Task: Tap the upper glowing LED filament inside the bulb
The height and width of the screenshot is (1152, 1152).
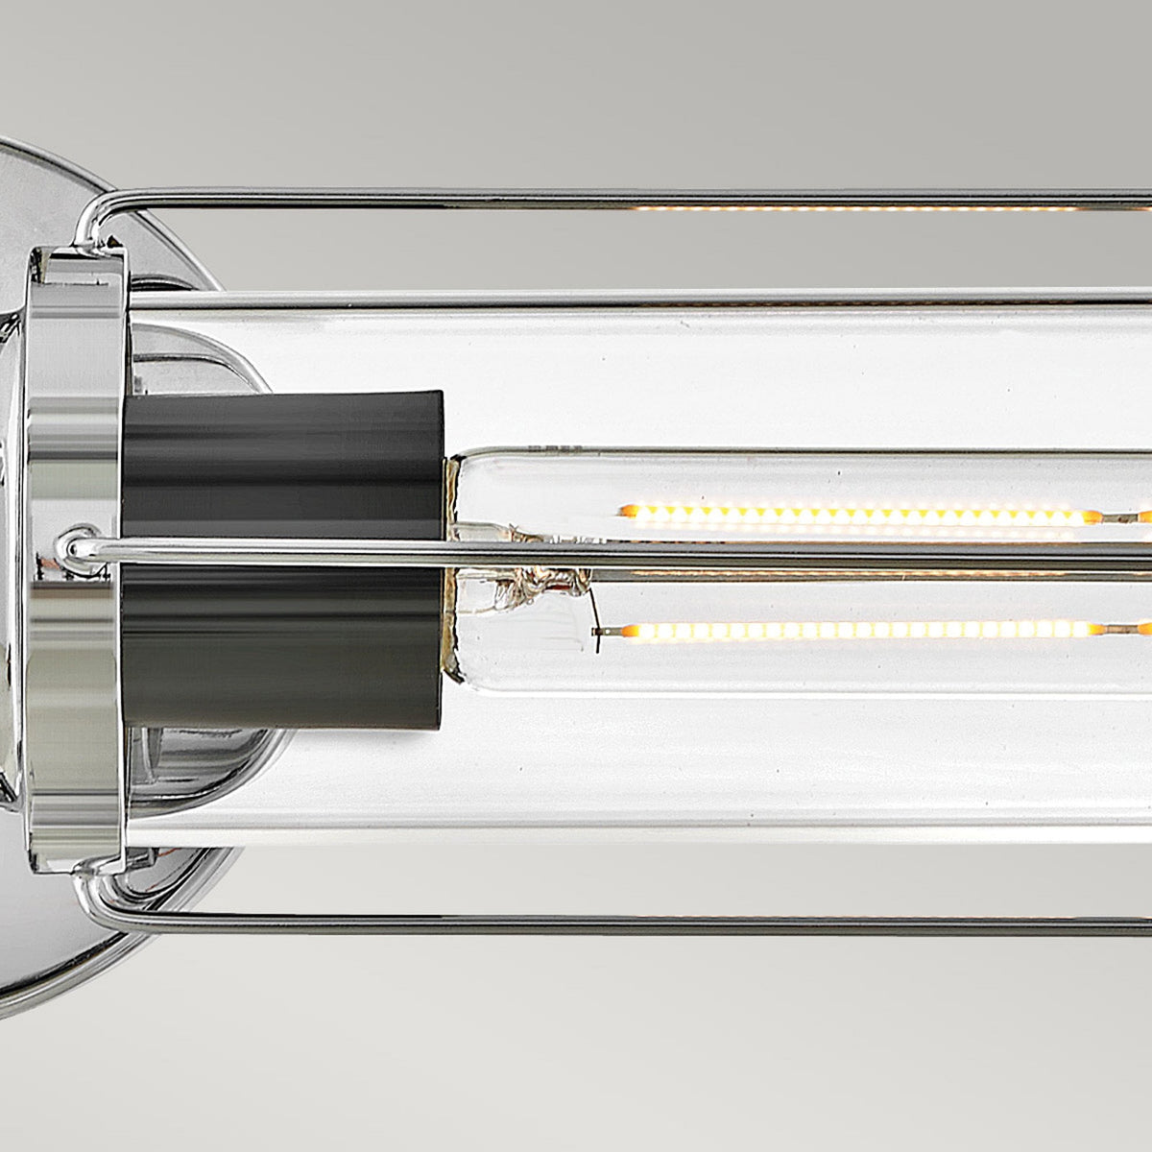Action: point(854,515)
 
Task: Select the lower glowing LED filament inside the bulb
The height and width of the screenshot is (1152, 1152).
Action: point(854,631)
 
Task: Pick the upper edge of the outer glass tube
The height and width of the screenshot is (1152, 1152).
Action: point(672,300)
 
